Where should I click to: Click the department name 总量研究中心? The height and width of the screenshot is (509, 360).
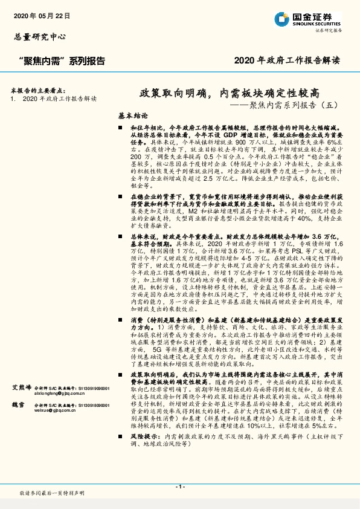coord(39,37)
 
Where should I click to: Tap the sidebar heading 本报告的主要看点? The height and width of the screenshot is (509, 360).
coord(38,89)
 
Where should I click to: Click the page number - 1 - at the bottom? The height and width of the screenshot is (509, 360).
coord(179,487)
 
